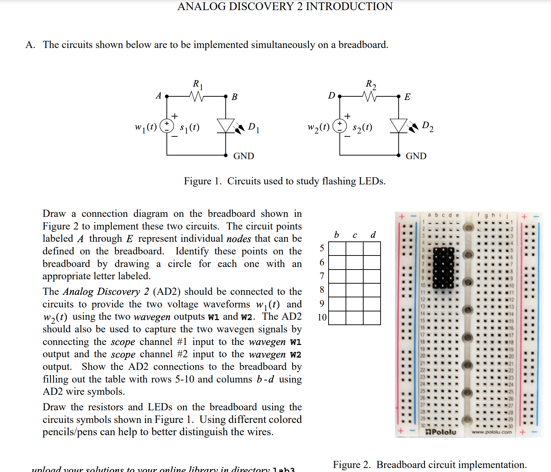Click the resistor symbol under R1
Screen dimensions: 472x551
[197, 96]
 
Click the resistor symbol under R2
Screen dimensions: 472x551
[370, 96]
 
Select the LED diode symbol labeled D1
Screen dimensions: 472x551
[226, 126]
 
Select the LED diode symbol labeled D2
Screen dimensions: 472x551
[399, 126]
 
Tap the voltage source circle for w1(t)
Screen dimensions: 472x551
[167, 126]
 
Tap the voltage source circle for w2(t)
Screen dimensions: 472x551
[339, 126]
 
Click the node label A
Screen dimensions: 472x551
[158, 96]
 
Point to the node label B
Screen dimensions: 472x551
[234, 97]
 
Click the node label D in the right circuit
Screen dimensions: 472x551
[331, 96]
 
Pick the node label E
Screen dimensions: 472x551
[407, 97]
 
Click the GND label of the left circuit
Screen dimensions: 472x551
[244, 156]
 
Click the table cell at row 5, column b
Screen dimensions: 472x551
[337, 249]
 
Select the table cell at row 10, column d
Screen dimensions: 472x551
[372, 318]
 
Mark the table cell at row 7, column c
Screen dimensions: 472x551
[355, 276]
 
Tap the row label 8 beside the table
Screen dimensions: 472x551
[322, 290]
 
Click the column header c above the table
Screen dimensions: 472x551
[355, 235]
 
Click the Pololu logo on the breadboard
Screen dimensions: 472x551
[441, 432]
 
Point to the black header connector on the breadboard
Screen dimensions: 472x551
[443, 267]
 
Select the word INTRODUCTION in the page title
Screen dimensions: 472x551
[349, 6]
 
